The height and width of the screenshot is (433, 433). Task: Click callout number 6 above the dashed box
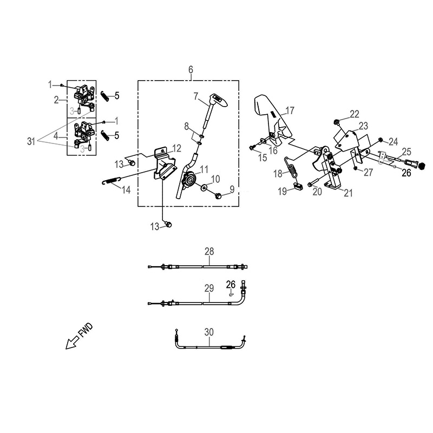coord(191,70)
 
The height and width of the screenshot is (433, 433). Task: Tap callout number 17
coord(290,111)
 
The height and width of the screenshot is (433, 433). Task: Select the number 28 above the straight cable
coord(209,252)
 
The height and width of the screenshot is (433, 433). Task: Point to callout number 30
coord(209,332)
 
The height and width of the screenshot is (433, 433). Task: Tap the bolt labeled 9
coord(218,196)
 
